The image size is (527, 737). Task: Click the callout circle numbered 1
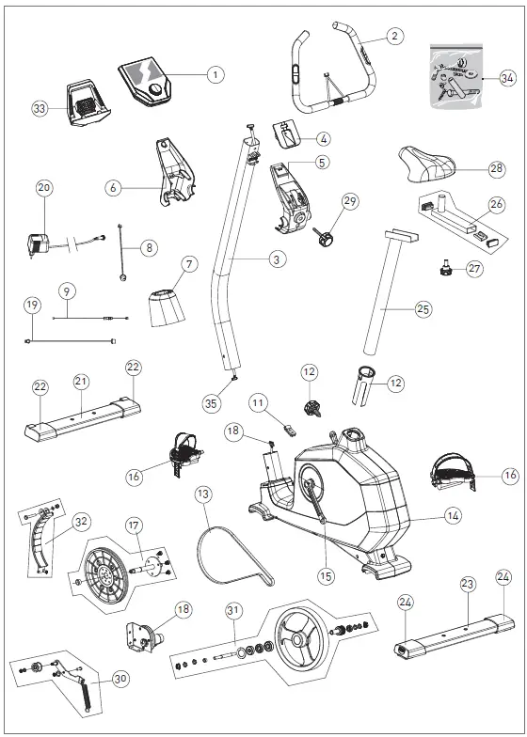click(216, 73)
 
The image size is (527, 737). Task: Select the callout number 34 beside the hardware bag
click(507, 79)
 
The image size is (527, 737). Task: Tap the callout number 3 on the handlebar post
click(276, 257)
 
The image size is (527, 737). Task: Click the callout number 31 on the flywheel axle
click(233, 610)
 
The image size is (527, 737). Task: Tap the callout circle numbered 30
click(120, 678)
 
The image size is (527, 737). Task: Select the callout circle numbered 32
click(81, 520)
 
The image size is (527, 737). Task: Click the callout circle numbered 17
click(135, 525)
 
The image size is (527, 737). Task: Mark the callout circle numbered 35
click(210, 405)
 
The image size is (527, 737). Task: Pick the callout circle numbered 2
click(394, 36)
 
